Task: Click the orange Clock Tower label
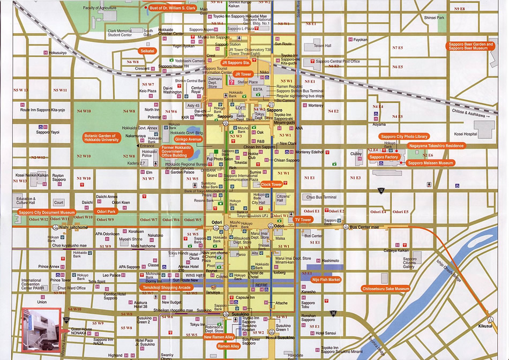coord(273,184)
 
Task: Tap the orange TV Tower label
coord(303,220)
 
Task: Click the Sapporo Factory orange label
coord(384,157)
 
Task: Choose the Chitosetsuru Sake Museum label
coord(386,289)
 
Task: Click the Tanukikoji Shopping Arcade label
coord(166,288)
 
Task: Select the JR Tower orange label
coord(243,74)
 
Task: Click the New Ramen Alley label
coord(219,337)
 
